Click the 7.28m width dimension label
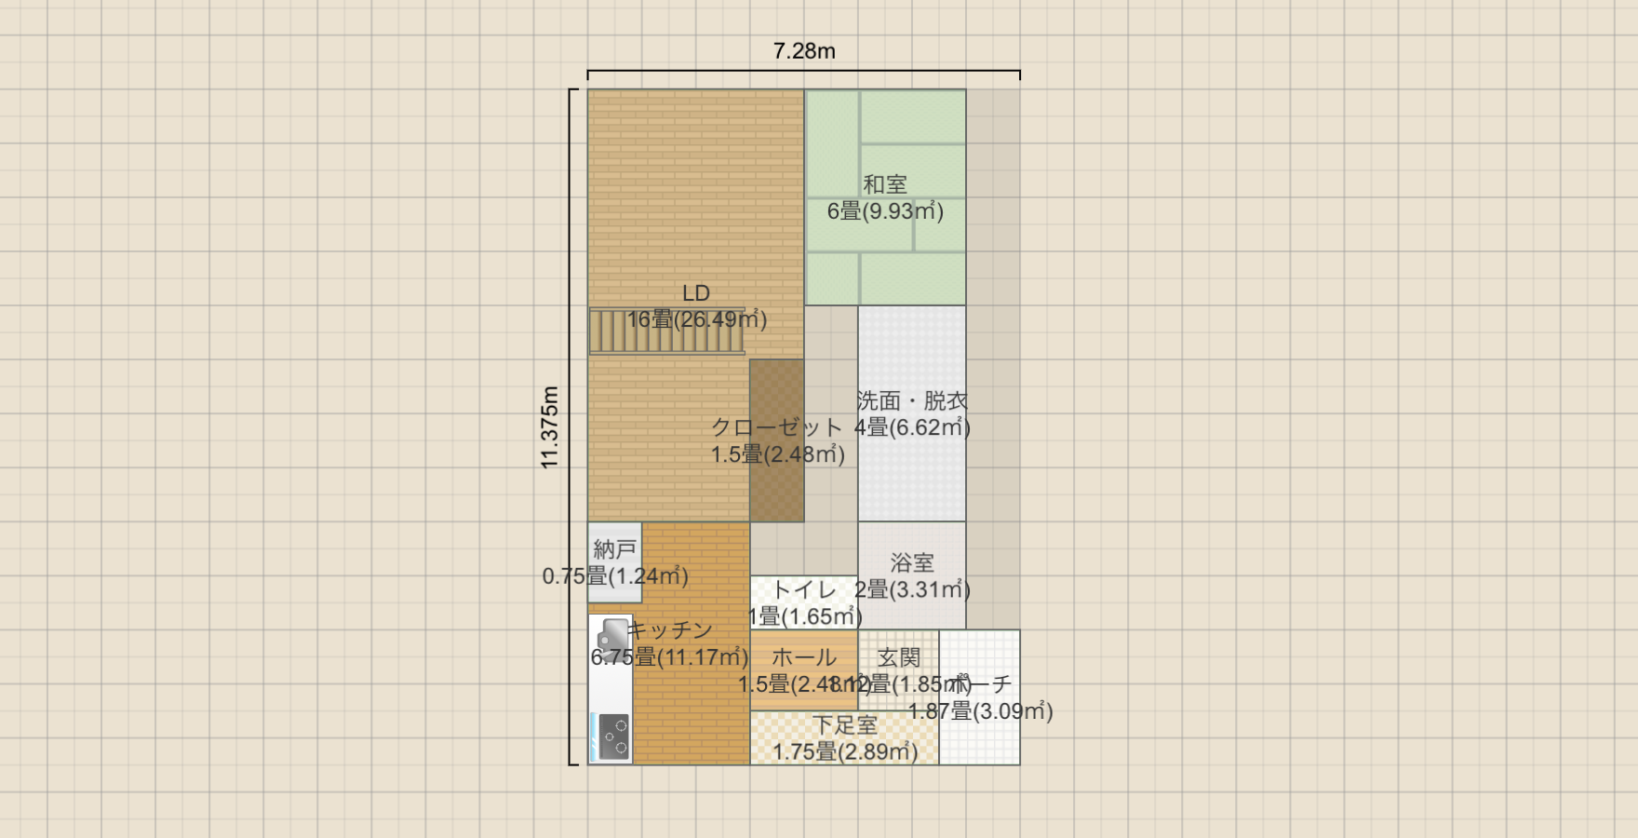coord(804,51)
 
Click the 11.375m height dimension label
coord(549,427)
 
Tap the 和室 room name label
coord(885,184)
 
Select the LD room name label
coord(696,293)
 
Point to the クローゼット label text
coord(777,427)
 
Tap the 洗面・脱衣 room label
coord(912,401)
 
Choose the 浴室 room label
coord(912,562)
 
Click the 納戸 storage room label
coord(615,549)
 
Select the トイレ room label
coord(804,589)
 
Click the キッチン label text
coord(669,630)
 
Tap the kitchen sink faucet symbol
coord(611,636)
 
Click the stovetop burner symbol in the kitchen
coord(613,737)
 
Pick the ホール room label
coord(804,657)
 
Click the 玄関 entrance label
coord(899,657)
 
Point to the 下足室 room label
coord(845,725)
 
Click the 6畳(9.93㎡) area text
coord(885,211)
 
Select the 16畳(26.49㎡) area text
coord(696,320)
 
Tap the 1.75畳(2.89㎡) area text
coord(845,752)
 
